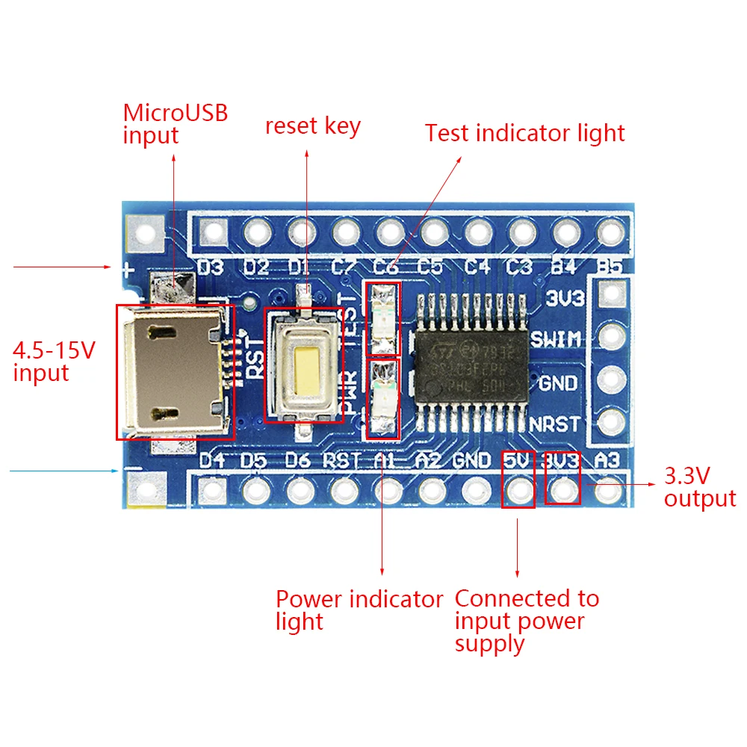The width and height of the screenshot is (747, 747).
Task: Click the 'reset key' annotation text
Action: pyautogui.click(x=312, y=126)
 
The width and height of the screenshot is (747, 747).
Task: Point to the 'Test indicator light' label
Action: pyautogui.click(x=524, y=133)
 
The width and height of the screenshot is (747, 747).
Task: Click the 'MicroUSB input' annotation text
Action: pyautogui.click(x=175, y=124)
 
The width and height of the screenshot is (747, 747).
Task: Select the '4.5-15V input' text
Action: pyautogui.click(x=54, y=362)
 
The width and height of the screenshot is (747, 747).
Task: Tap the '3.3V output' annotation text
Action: pyautogui.click(x=700, y=486)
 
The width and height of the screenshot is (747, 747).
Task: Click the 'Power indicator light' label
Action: pyautogui.click(x=359, y=610)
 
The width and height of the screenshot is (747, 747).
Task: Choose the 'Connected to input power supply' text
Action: pyautogui.click(x=527, y=621)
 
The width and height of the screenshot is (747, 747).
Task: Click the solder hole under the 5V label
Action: pyautogui.click(x=518, y=490)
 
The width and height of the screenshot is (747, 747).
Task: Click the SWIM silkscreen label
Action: pyautogui.click(x=556, y=340)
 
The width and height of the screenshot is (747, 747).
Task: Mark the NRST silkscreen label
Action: pyautogui.click(x=554, y=424)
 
